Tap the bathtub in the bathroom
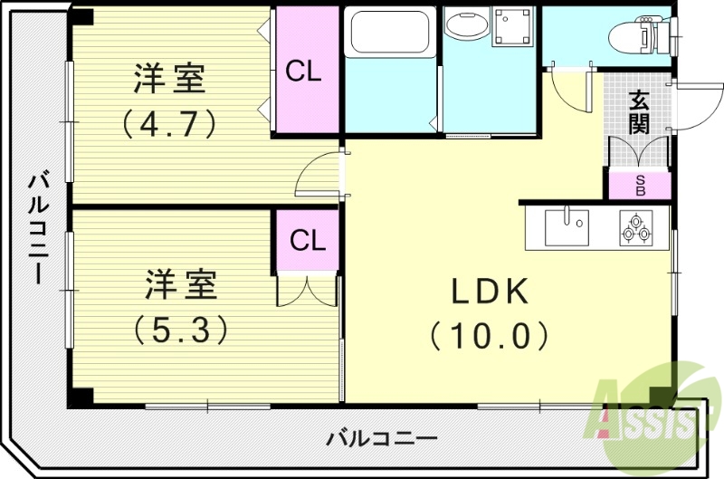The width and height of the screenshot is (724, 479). point(389,32)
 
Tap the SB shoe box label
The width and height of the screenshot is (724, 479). point(639,186)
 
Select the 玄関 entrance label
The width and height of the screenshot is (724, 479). point(640,111)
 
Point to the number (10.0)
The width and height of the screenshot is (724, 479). point(490,336)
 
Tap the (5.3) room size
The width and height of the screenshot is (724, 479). point(180,329)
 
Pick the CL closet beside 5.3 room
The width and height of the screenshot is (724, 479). point(308,241)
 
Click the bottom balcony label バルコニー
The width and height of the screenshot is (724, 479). point(381,438)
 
